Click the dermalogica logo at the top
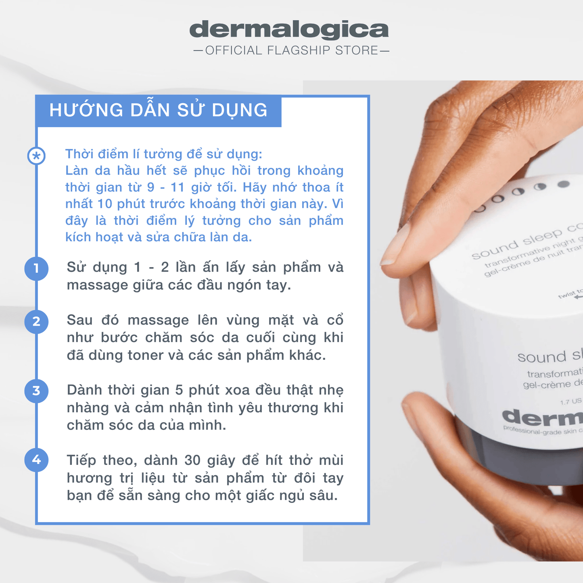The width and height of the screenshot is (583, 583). [x=289, y=29]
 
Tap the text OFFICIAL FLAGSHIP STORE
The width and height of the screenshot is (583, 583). [x=291, y=50]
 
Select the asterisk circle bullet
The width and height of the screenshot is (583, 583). [x=36, y=156]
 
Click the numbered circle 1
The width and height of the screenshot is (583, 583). [x=36, y=268]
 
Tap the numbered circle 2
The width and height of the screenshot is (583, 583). [x=36, y=322]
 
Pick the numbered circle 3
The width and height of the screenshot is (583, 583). [x=36, y=391]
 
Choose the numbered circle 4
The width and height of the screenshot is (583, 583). [x=36, y=460]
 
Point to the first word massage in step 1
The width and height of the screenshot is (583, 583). [x=97, y=285]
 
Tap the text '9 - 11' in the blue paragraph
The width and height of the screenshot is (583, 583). [x=166, y=188]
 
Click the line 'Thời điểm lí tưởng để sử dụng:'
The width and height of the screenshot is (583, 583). [x=163, y=154]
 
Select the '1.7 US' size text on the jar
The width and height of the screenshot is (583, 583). [x=570, y=401]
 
